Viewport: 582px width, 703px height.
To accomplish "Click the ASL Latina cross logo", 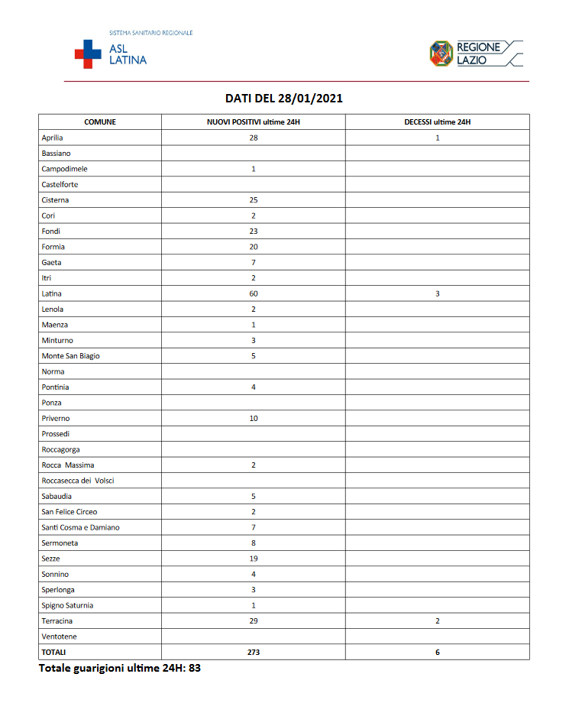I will pyautogui.click(x=87, y=54).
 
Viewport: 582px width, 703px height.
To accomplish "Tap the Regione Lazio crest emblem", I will pyautogui.click(x=441, y=53).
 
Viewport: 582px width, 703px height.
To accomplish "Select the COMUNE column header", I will pyautogui.click(x=100, y=122).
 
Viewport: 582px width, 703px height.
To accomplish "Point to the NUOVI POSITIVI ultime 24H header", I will pyautogui.click(x=253, y=122).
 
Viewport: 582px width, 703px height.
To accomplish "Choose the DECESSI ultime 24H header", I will pyautogui.click(x=437, y=122).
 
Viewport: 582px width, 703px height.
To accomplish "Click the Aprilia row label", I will pyautogui.click(x=53, y=138).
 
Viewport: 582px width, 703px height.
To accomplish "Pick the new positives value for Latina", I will pyautogui.click(x=254, y=293).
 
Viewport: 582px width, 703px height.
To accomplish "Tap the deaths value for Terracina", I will pyautogui.click(x=438, y=621).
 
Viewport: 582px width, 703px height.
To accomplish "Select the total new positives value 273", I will pyautogui.click(x=254, y=653).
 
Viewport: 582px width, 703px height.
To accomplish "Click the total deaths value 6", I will pyautogui.click(x=438, y=653).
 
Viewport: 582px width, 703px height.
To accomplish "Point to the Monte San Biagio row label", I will pyautogui.click(x=70, y=356).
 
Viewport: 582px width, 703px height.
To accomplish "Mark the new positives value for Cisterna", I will pyautogui.click(x=254, y=200).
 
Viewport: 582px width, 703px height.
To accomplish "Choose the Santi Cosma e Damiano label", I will pyautogui.click(x=80, y=527).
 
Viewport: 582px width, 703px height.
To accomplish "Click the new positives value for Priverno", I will pyautogui.click(x=254, y=419).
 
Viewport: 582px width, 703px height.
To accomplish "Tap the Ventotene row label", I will pyautogui.click(x=59, y=637).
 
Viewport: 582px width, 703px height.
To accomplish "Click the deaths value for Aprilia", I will pyautogui.click(x=438, y=138).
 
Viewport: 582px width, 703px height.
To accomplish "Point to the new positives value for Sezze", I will pyautogui.click(x=254, y=559).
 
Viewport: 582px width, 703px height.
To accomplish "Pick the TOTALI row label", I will pyautogui.click(x=54, y=653).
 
